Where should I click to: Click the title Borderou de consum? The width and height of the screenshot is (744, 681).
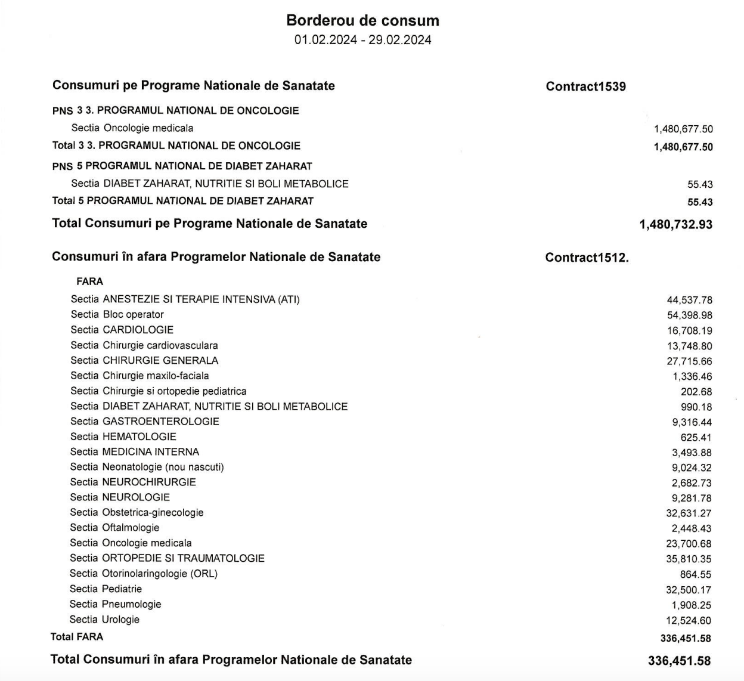362,20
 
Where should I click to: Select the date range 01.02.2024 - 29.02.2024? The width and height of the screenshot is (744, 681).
362,40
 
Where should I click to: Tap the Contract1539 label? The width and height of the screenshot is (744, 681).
585,86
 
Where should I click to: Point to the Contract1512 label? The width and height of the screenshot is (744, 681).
587,258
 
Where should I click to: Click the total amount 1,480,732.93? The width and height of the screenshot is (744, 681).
675,224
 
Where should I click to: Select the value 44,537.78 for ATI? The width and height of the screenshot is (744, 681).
689,300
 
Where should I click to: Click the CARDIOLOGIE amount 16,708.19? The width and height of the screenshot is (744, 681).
689,330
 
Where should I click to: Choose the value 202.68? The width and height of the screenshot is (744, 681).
696,392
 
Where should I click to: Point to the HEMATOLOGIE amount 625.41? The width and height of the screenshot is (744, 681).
696,437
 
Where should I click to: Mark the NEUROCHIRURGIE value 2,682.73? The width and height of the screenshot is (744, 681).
692,483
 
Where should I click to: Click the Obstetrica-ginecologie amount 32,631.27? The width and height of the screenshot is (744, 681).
689,513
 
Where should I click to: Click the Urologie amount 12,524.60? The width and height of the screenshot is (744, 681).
689,621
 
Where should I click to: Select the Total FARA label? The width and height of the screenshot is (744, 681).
77,637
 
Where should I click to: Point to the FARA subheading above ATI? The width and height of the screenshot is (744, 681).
89,281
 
